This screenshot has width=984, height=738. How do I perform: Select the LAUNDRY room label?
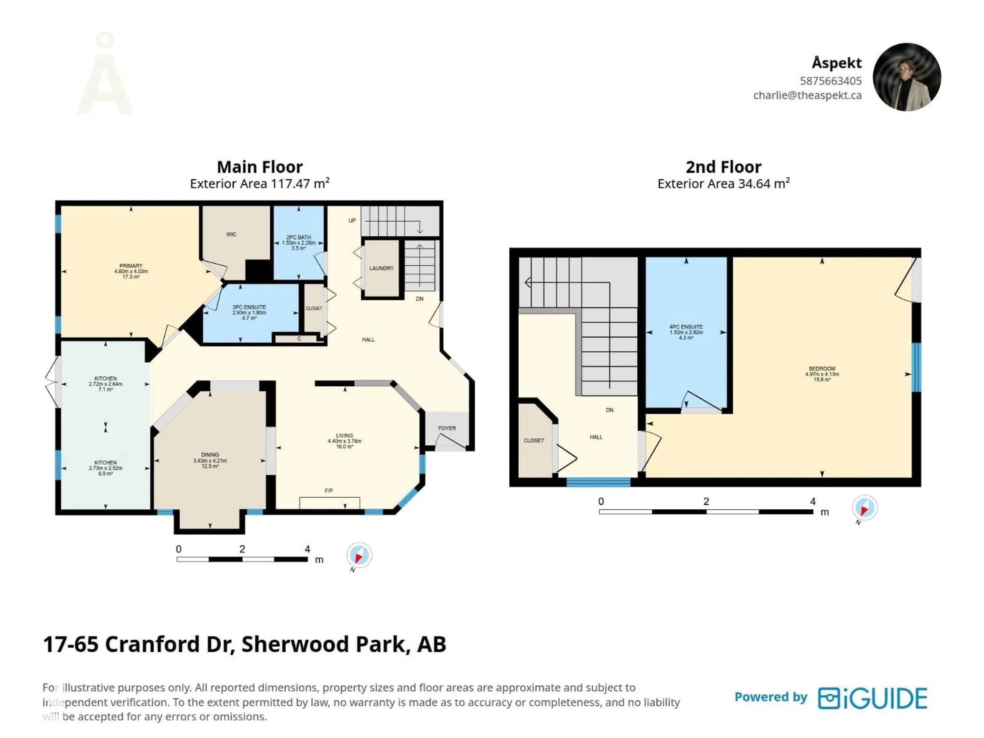click(381, 268)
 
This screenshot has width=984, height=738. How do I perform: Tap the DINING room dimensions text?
click(210, 461)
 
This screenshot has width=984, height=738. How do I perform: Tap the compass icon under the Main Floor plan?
click(359, 555)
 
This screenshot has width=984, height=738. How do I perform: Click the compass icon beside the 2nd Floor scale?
click(864, 508)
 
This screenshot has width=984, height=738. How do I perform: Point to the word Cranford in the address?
click(152, 644)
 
